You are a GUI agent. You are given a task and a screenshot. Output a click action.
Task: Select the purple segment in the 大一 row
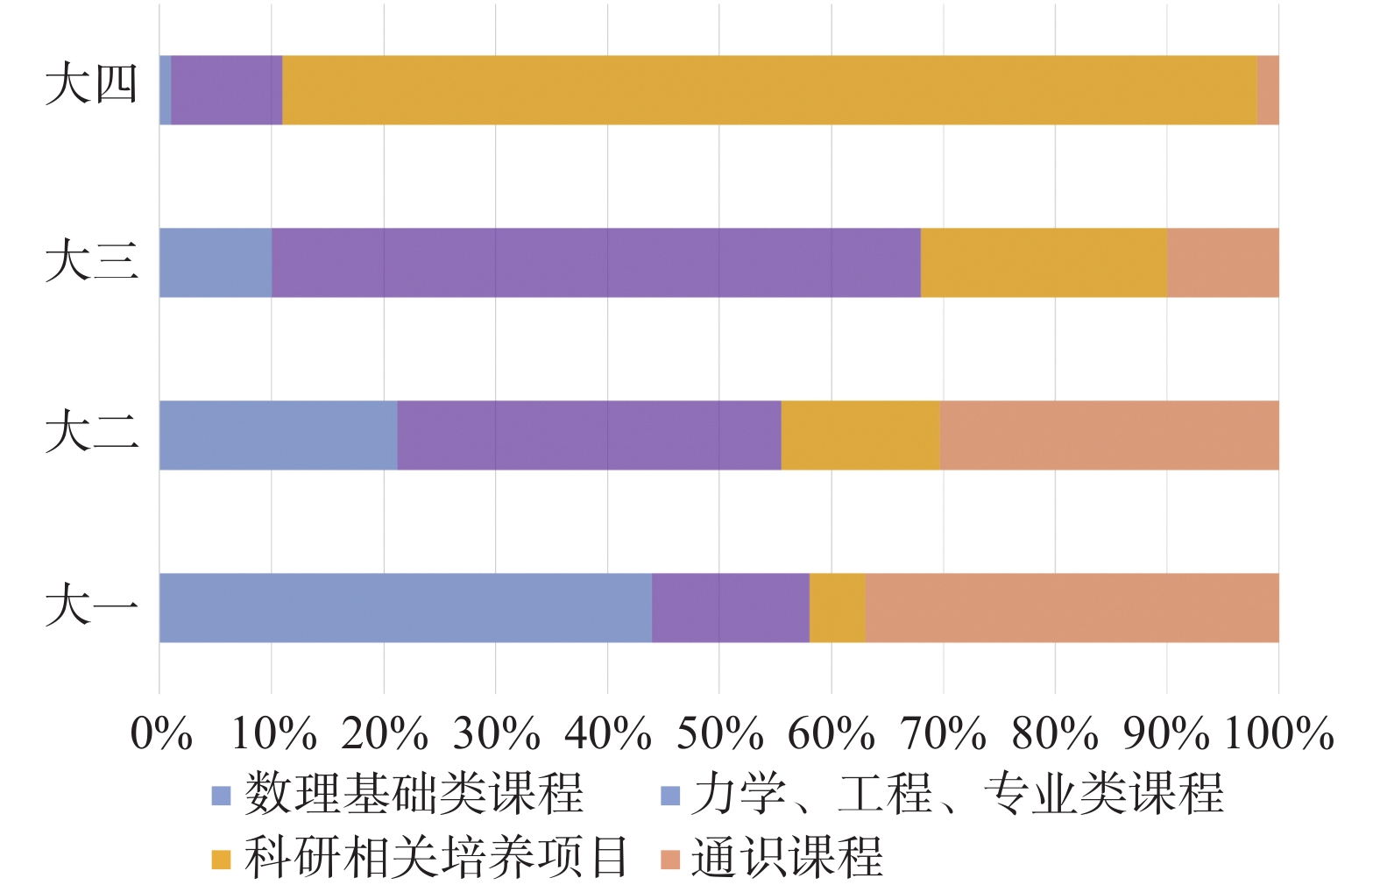click(730, 607)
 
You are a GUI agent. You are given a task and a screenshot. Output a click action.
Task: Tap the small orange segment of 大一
click(837, 607)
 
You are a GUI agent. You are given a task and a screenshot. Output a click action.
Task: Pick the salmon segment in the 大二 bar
click(1108, 435)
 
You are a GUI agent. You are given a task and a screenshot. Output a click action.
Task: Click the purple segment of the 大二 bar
click(588, 435)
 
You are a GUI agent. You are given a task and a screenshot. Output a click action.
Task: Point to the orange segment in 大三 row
click(1043, 262)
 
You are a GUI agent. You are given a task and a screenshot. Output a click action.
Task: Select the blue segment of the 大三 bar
click(216, 262)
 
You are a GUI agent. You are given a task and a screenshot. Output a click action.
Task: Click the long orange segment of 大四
click(769, 89)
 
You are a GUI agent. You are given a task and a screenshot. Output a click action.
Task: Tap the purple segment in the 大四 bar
click(226, 89)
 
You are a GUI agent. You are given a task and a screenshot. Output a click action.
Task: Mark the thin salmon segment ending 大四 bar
click(1267, 89)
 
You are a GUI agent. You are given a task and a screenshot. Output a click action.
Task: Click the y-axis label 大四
click(92, 85)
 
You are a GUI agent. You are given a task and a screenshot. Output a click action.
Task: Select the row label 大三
click(92, 260)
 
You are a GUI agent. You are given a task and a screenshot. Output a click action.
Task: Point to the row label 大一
click(92, 605)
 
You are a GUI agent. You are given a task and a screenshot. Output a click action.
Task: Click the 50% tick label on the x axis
click(719, 733)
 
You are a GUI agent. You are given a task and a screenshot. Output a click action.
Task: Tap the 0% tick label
click(161, 733)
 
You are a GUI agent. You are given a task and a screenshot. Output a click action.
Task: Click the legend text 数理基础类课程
click(414, 793)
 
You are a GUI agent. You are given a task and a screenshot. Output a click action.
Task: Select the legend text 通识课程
click(786, 856)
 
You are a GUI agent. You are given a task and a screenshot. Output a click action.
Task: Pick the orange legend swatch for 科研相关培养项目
click(221, 859)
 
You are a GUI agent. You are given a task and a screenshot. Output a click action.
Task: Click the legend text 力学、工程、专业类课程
click(957, 793)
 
